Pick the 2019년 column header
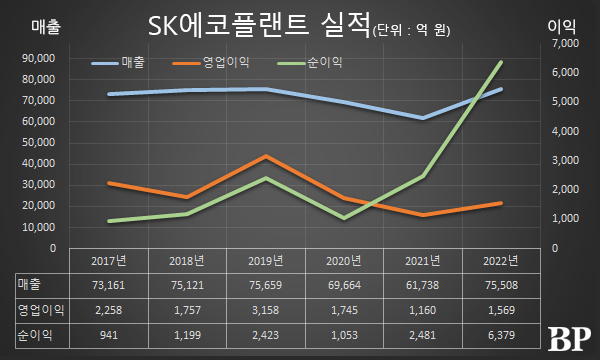point(265,262)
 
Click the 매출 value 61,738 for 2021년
point(422,285)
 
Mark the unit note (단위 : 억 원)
point(410,30)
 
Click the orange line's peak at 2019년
point(264,156)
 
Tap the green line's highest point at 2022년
point(501,62)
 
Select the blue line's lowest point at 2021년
point(423,118)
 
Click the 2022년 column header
point(500,262)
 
